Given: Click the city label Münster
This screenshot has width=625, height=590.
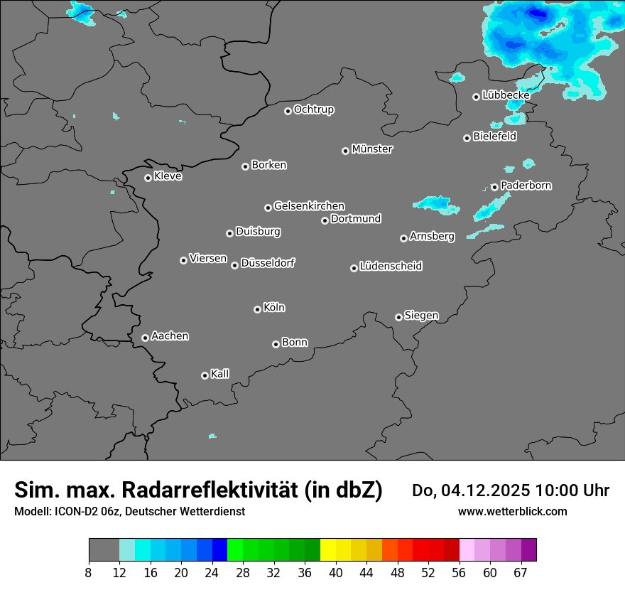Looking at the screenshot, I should coord(372,149).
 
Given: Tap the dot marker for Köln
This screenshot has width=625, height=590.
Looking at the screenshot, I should coord(257,309).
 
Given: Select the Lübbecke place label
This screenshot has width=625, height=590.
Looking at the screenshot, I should coord(506,95).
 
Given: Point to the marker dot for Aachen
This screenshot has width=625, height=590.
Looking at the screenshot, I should coord(145,338).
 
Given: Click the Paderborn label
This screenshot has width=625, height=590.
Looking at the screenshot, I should coord(526,186).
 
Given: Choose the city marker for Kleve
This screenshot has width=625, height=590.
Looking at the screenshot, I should coord(148,178).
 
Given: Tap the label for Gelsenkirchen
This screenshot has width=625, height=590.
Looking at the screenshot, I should coord(309,206).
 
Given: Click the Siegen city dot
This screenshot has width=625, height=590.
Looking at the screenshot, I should coord(398,317).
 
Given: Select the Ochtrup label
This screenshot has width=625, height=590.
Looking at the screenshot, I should coord(313,109).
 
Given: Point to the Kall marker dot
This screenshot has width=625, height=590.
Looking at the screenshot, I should coord(205,375).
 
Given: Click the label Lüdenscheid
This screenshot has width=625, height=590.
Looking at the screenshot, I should coord(391,267).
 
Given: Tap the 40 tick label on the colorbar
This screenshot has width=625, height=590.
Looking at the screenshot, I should coord(336,573).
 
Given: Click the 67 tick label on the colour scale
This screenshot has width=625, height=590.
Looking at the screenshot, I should coord(521,573).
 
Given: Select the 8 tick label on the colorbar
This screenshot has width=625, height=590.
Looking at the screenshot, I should coord(88,573).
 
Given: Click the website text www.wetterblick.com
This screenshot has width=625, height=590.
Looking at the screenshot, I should coord(512,511).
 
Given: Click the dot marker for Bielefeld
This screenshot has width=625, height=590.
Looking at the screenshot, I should coord(467,138).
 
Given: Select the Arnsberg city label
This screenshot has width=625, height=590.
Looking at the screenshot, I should coord(432,237).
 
